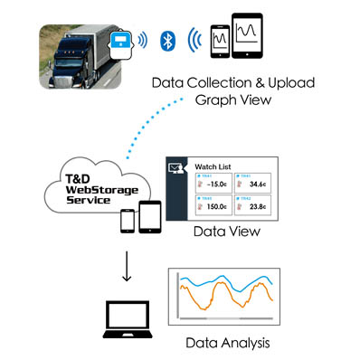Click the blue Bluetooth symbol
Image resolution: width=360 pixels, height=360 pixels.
(166, 41)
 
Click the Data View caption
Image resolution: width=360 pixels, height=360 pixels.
(227, 232)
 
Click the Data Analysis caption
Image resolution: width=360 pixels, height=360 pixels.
(225, 344)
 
